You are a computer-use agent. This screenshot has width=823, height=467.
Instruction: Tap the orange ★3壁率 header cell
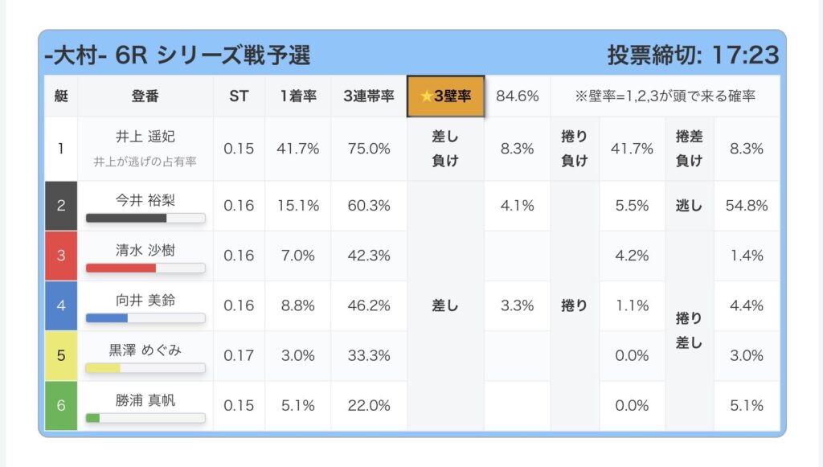pyautogui.click(x=446, y=96)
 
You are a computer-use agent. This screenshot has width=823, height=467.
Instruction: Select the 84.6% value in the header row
pyautogui.click(x=518, y=96)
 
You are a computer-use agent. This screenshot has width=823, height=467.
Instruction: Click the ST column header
pyautogui.click(x=239, y=96)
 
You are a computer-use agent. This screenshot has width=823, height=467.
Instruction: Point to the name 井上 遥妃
pyautogui.click(x=145, y=137)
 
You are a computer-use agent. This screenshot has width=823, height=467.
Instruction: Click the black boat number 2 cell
pyautogui.click(x=61, y=206)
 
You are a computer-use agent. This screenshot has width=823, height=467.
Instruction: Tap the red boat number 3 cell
pyautogui.click(x=61, y=256)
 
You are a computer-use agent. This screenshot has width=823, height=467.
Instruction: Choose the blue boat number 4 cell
pyautogui.click(x=61, y=305)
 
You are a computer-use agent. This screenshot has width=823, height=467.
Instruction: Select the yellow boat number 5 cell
pyautogui.click(x=61, y=355)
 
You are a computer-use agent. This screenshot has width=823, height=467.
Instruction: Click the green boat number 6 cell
pyautogui.click(x=61, y=405)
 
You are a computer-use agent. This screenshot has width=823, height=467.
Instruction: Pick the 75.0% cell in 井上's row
pyautogui.click(x=369, y=149)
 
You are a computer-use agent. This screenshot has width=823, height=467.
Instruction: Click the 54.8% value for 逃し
pyautogui.click(x=747, y=206)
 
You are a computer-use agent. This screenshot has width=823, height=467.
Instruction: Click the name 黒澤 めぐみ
pyautogui.click(x=145, y=350)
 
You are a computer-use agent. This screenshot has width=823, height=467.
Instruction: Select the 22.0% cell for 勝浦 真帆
pyautogui.click(x=369, y=405)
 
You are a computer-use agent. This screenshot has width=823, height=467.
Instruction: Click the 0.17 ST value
pyautogui.click(x=239, y=355)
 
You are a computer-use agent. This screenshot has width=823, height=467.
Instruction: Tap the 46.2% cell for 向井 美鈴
pyautogui.click(x=369, y=305)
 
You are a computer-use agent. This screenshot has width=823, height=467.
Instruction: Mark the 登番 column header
pyautogui.click(x=145, y=96)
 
